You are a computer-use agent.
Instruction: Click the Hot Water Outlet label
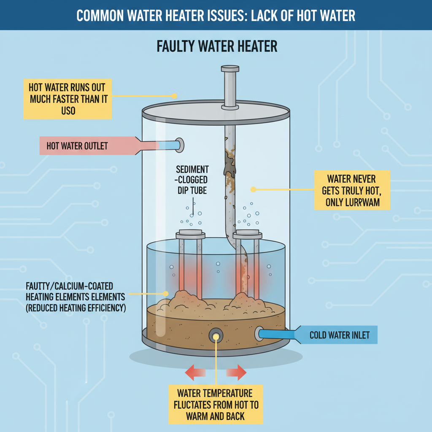click(77, 146)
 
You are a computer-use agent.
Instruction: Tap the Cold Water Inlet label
click(339, 335)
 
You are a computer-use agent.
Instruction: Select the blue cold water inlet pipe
click(278, 334)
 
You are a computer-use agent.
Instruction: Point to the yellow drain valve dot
click(216, 336)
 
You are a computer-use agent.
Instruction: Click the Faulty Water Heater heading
click(217, 46)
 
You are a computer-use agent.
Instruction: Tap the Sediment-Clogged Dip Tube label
click(192, 180)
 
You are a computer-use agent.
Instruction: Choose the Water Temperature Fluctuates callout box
click(215, 404)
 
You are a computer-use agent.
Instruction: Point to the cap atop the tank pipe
click(229, 68)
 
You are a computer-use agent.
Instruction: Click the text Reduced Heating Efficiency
click(76, 308)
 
